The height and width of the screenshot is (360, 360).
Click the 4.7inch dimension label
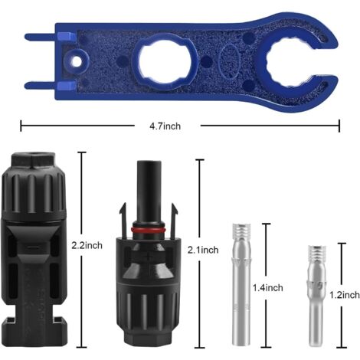(179, 125)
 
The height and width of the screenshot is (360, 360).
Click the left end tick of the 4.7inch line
(21, 125)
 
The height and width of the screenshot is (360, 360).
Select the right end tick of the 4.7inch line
(339, 125)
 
